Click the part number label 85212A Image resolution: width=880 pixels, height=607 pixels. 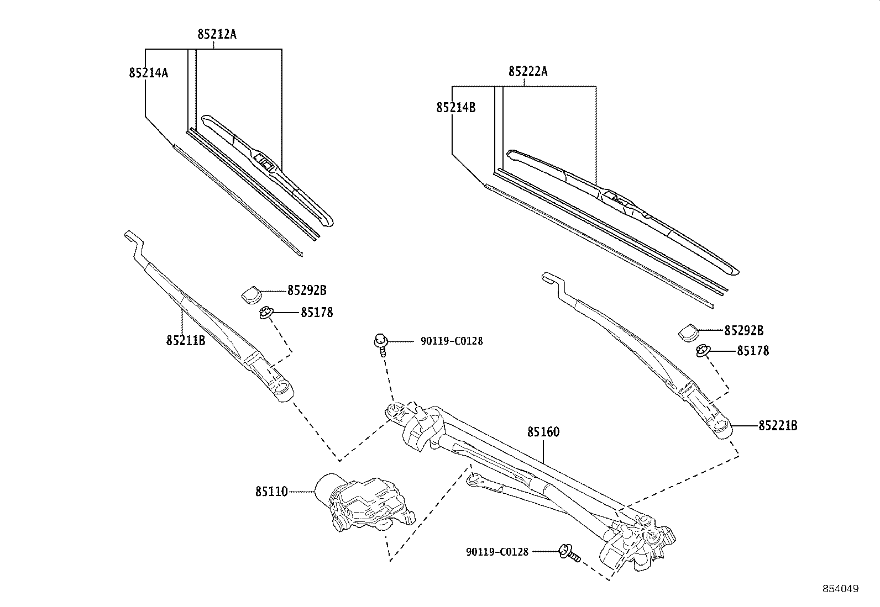coord(217,34)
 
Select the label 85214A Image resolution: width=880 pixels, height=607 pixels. coord(148,72)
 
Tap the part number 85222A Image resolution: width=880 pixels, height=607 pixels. coord(528,72)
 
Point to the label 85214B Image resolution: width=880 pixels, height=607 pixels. coord(455,108)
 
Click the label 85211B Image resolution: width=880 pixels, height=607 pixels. coord(186,340)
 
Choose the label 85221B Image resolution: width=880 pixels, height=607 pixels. coord(778,425)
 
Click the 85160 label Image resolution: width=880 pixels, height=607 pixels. coord(543,432)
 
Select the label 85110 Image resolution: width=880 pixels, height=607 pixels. coord(271,491)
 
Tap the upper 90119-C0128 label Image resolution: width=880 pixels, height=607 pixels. coord(451,341)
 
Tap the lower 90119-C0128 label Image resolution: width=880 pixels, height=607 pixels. coord(497,551)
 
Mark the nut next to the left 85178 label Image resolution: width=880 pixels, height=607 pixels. coord(266,314)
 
